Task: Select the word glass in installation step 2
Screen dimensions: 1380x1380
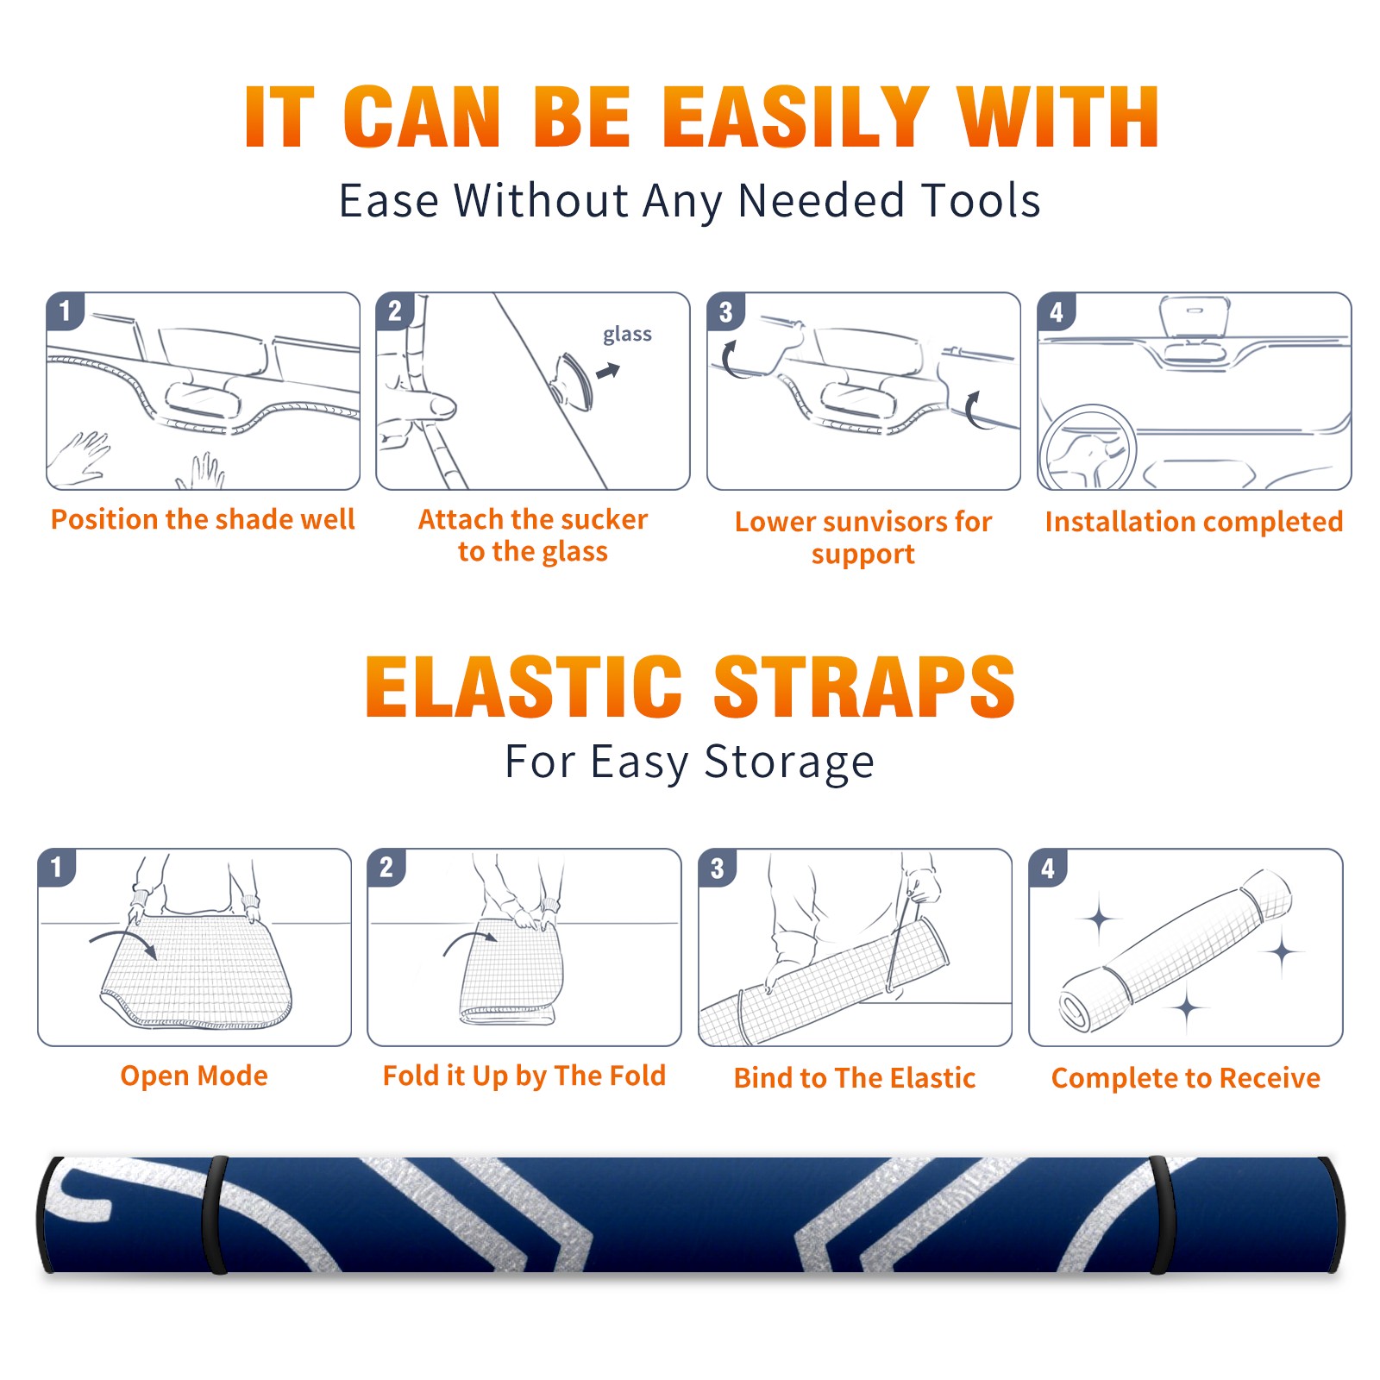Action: [627, 335]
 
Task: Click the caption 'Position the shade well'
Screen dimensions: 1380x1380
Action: [203, 519]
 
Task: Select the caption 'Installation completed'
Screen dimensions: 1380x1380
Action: [1194, 521]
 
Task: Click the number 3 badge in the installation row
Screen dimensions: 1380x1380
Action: [725, 311]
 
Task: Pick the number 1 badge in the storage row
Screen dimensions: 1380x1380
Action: [57, 867]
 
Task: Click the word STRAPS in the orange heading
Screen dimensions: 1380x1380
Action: [864, 687]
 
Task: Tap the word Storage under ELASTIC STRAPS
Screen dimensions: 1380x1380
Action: [789, 762]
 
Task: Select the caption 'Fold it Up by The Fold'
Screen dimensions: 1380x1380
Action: [524, 1076]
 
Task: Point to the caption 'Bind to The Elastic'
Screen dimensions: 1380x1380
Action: [855, 1078]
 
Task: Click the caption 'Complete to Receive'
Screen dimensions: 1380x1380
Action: [1186, 1078]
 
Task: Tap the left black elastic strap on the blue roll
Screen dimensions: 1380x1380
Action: [215, 1214]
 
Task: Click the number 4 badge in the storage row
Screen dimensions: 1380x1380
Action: [1048, 868]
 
